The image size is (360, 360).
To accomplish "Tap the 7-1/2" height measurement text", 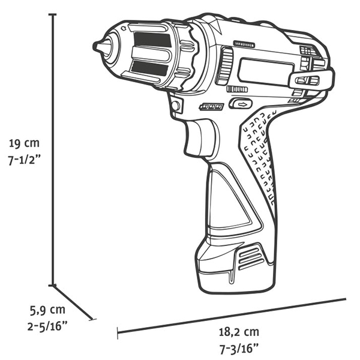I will point(25,162).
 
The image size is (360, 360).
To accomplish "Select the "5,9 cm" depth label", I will point(48,310).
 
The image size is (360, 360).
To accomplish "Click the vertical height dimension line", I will point(53,150).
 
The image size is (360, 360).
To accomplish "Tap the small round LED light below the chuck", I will point(175,106).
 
